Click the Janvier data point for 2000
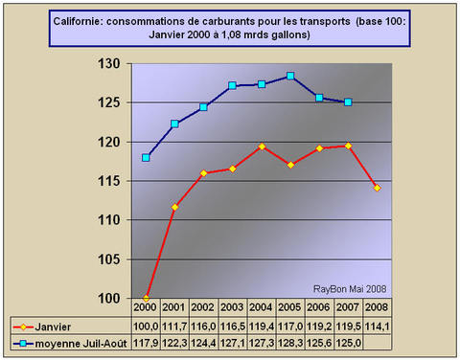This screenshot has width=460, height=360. pyautogui.click(x=146, y=298)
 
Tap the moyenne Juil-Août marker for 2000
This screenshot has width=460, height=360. pyautogui.click(x=146, y=158)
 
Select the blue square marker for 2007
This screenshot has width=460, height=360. pyautogui.click(x=348, y=102)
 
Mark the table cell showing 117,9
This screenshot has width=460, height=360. pyautogui.click(x=147, y=343)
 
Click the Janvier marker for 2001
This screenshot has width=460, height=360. pyautogui.click(x=174, y=207)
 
